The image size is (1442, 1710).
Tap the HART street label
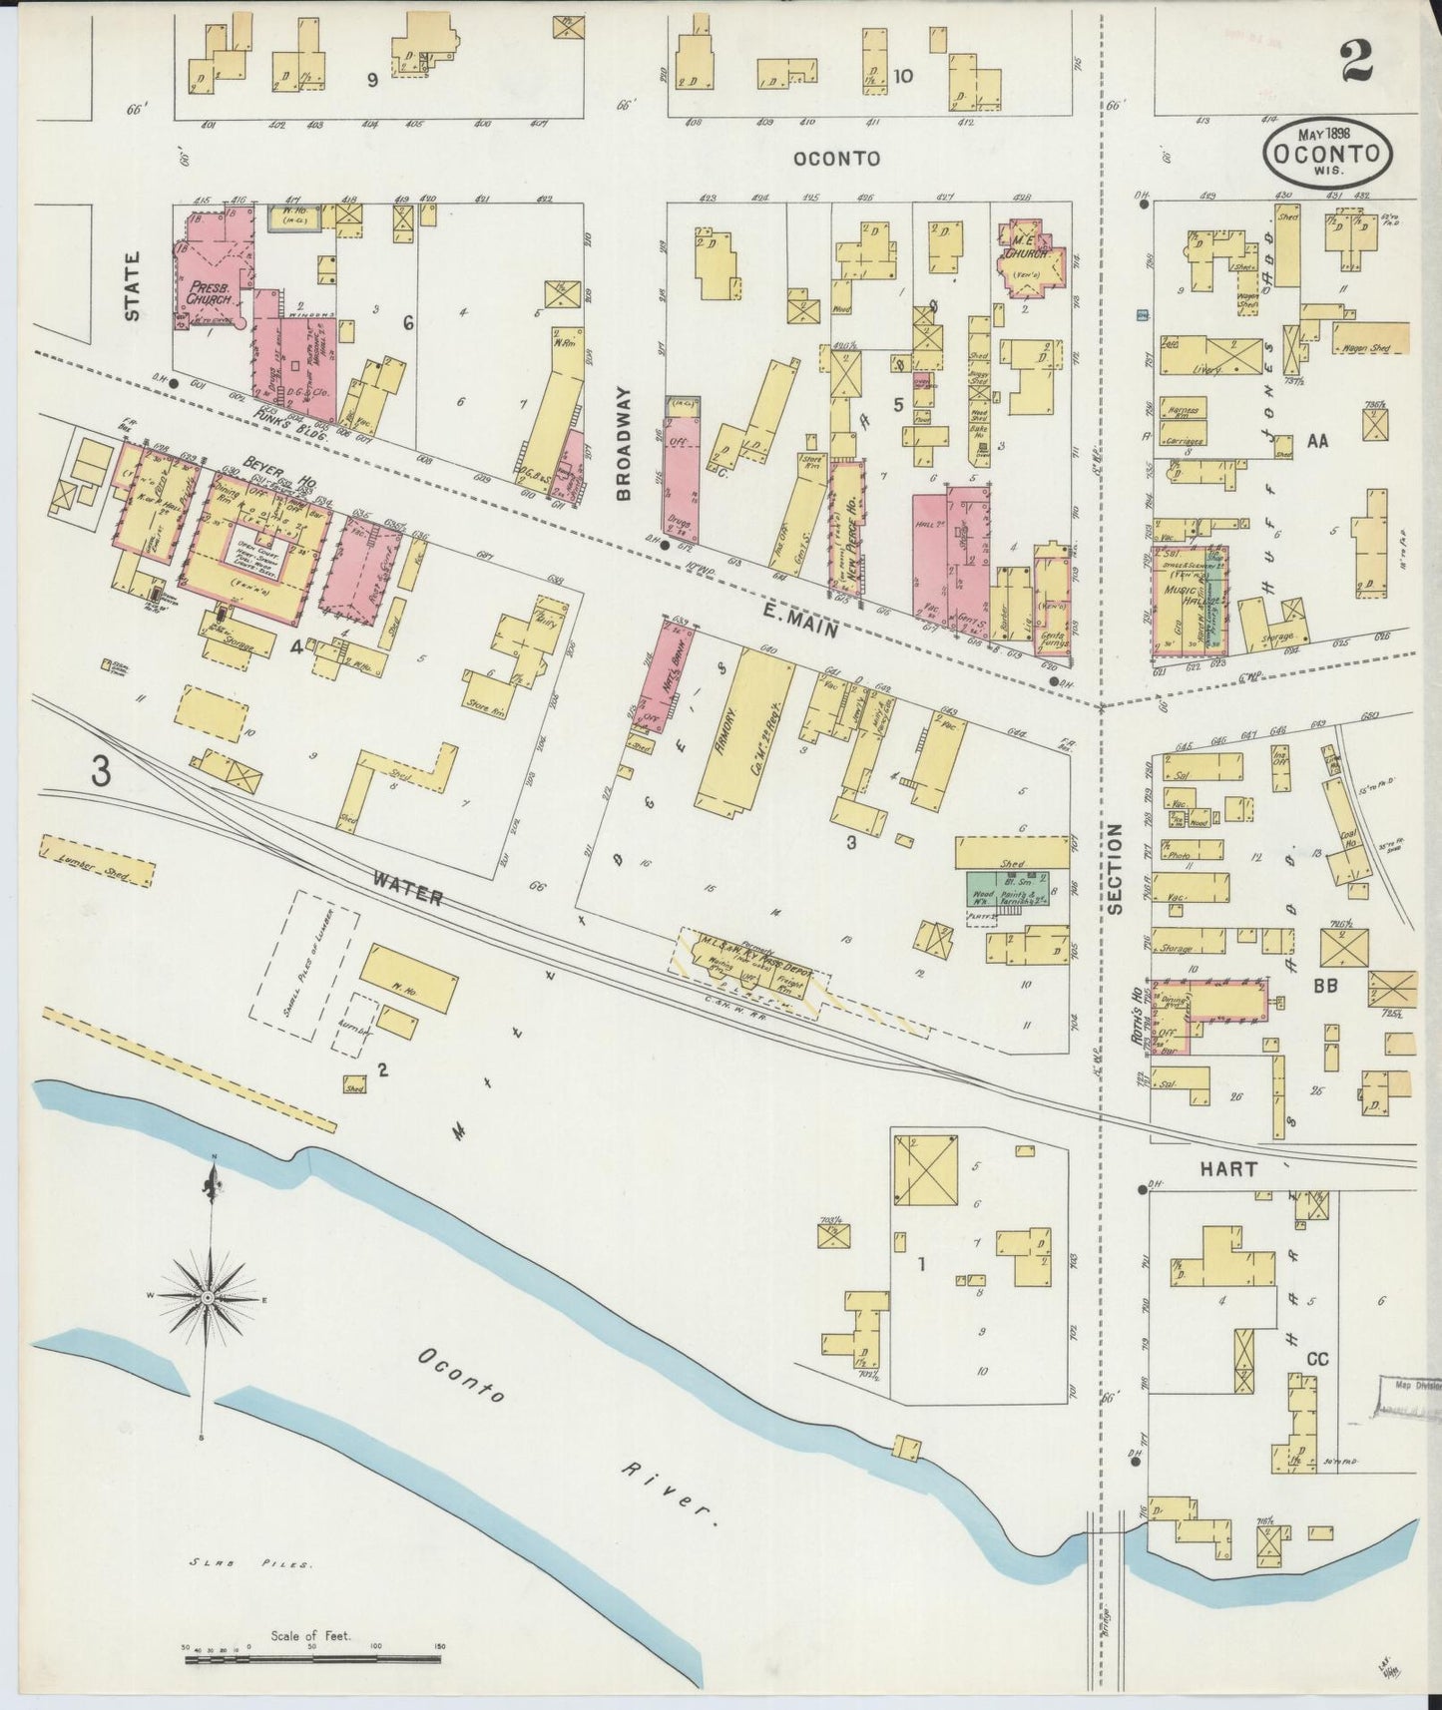coord(1227,1168)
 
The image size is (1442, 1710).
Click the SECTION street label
coord(1116,869)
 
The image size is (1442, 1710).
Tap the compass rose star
coord(207,1297)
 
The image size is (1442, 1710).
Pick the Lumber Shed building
coord(98,861)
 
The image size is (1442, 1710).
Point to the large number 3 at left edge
coord(100,771)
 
